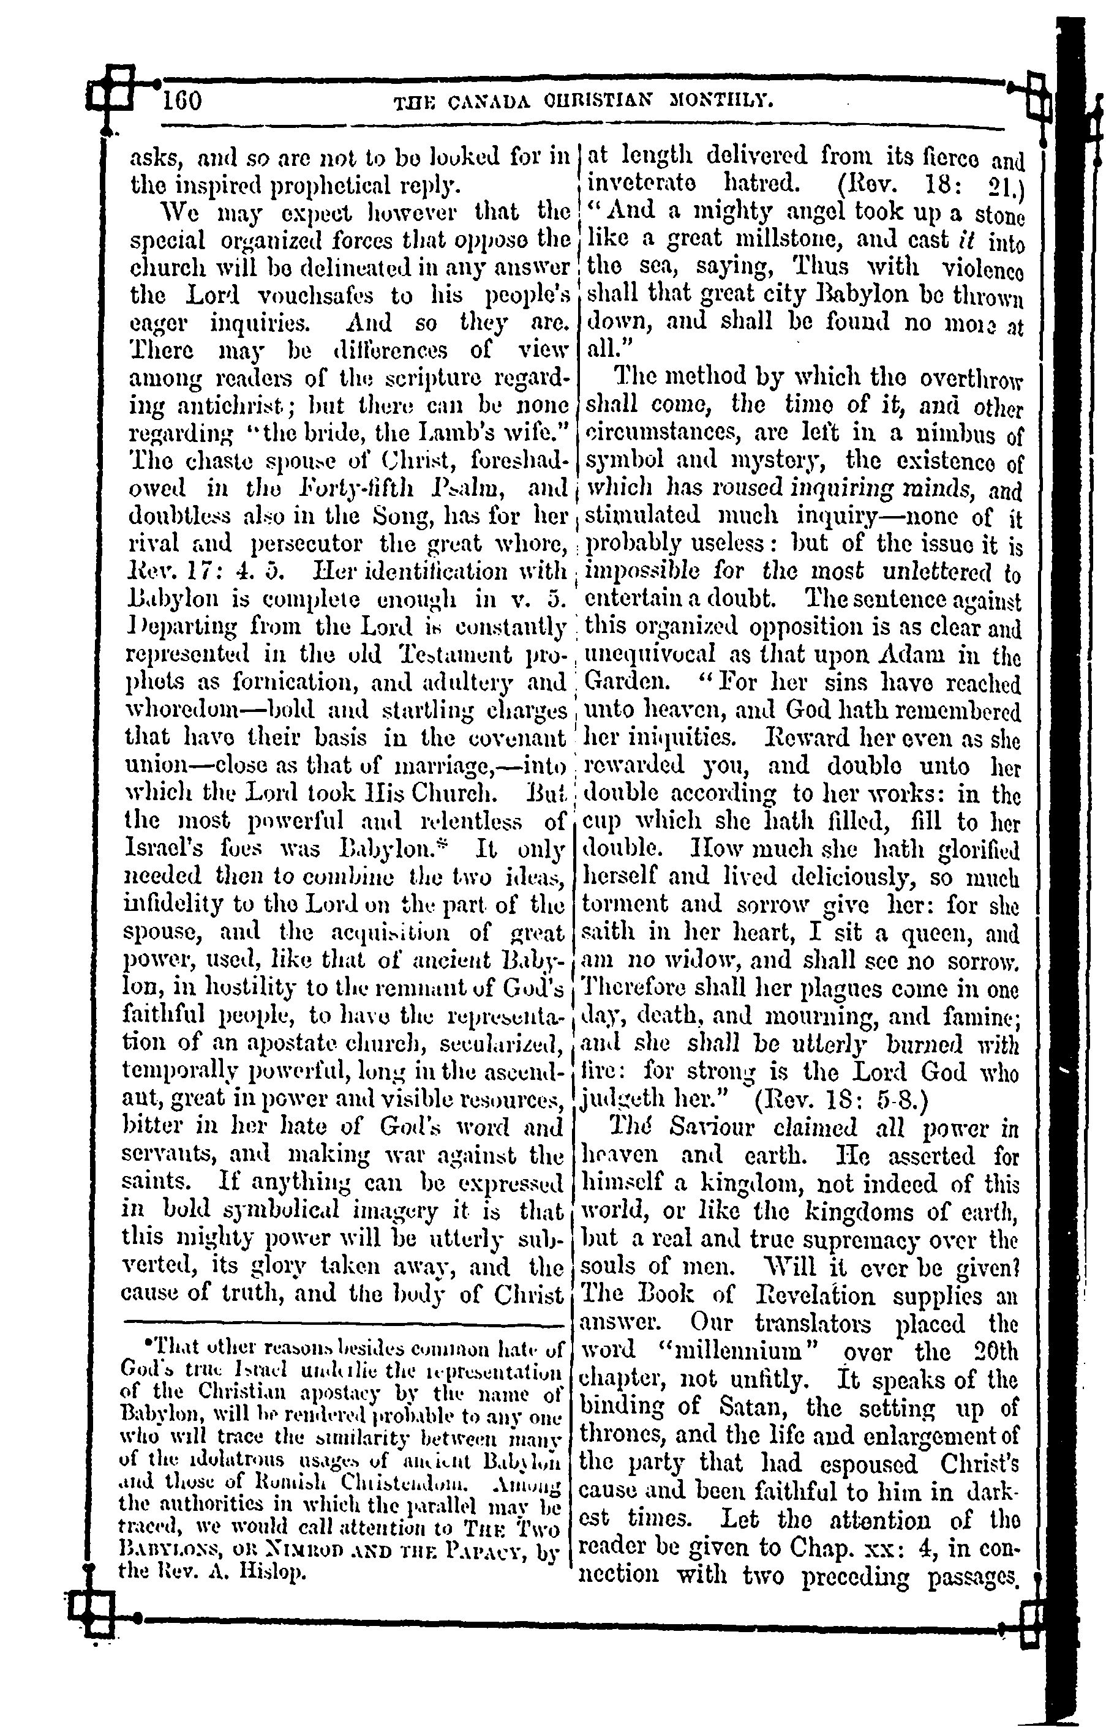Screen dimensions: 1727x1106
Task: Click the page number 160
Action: click(183, 101)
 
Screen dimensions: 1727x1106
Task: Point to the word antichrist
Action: click(229, 406)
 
